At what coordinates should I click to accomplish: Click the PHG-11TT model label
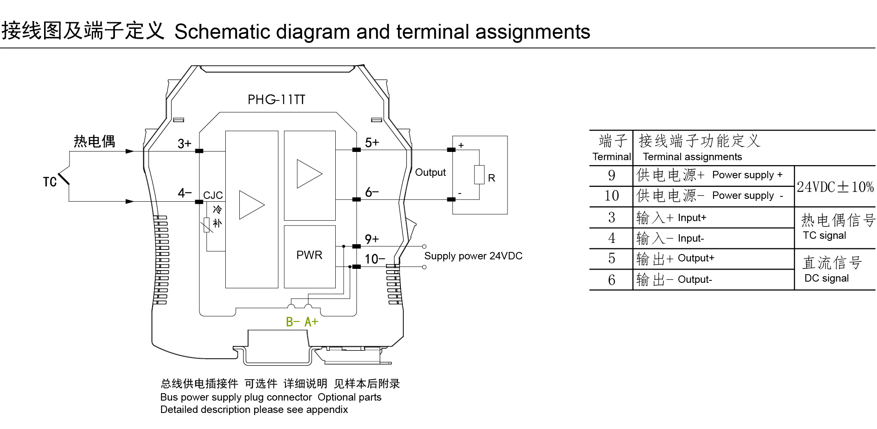(276, 100)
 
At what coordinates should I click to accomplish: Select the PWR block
(309, 255)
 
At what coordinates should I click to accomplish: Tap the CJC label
(213, 195)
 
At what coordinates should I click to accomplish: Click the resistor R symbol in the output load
(479, 175)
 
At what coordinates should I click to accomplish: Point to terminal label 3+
(184, 144)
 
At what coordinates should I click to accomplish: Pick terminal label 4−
(185, 193)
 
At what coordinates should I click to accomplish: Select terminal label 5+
(372, 142)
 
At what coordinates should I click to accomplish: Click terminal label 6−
(372, 192)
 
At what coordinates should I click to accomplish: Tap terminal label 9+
(372, 239)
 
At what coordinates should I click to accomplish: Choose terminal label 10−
(374, 259)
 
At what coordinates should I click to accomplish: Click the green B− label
(292, 322)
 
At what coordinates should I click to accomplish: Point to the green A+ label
(311, 322)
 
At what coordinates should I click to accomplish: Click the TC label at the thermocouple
(50, 182)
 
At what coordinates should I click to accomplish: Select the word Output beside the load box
(430, 173)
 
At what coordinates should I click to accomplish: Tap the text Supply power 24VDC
(473, 256)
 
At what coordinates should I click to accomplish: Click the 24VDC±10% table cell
(835, 187)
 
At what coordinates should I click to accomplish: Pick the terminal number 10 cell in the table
(611, 196)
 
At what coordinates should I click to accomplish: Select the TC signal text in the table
(824, 235)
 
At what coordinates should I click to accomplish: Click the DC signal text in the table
(826, 278)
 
